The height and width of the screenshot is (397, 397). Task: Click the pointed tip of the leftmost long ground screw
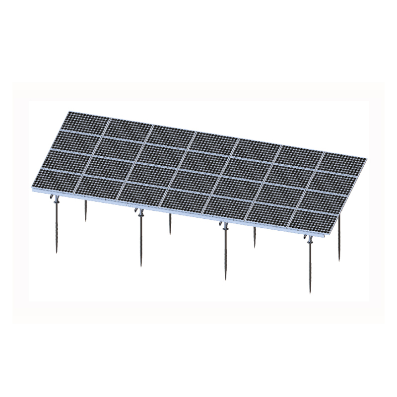(x=56, y=254)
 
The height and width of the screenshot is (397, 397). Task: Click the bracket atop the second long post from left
(x=140, y=213)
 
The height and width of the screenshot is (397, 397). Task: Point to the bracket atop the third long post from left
(x=225, y=227)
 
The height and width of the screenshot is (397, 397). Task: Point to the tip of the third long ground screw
(x=226, y=280)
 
